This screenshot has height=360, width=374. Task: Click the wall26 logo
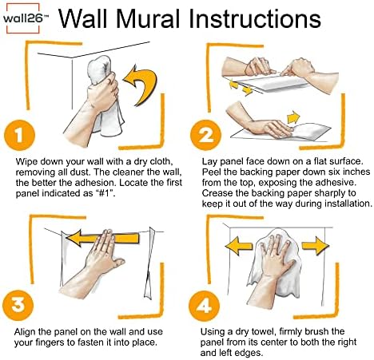[23, 18]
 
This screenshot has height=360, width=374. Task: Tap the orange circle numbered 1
[19, 135]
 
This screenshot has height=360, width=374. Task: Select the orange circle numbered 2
[205, 135]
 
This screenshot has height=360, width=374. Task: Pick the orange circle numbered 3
[18, 305]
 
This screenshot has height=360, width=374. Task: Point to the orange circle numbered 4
[204, 306]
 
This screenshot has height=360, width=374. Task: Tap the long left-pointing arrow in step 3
[103, 238]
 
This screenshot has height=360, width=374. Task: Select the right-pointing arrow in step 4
[316, 244]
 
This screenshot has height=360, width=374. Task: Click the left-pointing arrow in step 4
[238, 246]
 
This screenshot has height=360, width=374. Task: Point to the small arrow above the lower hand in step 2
[293, 117]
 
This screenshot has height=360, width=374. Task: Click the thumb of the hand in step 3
[116, 262]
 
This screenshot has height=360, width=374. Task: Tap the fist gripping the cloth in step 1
[102, 92]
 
